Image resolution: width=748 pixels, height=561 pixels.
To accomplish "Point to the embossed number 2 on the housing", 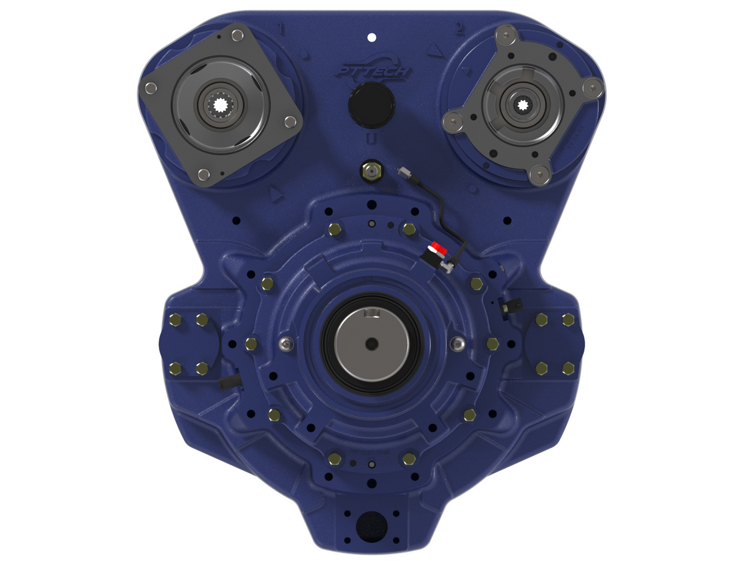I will point(460,29).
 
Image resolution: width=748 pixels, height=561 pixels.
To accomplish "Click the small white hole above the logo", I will point(372,37).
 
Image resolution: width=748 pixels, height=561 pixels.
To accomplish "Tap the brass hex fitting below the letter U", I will point(372,170).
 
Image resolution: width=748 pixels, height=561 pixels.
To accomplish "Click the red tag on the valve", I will point(438,247).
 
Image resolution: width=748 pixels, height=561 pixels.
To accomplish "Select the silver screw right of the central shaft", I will point(459,343).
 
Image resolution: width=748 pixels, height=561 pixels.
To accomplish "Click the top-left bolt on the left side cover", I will point(175,320).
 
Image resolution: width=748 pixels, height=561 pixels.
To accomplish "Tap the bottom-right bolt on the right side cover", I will point(568,368).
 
